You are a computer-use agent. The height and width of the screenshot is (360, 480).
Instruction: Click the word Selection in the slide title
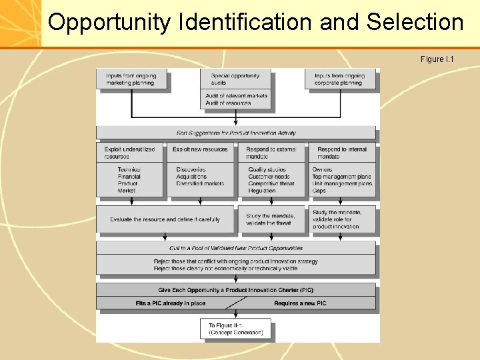click(x=415, y=23)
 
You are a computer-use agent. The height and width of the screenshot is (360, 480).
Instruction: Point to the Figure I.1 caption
click(x=437, y=60)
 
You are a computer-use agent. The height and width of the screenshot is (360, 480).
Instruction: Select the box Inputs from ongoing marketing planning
click(x=131, y=79)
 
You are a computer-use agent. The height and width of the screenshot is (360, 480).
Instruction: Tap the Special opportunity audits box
click(x=235, y=79)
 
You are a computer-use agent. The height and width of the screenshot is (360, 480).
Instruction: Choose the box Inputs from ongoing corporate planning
click(x=339, y=79)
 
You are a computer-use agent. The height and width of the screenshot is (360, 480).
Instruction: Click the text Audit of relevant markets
click(x=236, y=96)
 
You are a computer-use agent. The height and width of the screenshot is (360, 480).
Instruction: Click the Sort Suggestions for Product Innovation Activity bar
click(x=236, y=133)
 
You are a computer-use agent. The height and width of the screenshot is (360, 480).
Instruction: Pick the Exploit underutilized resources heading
click(x=129, y=152)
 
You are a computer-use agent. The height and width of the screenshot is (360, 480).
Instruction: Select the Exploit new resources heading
click(x=200, y=149)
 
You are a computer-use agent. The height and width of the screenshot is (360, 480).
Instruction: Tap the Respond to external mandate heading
click(x=271, y=152)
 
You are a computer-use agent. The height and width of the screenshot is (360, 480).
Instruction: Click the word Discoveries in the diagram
click(x=191, y=169)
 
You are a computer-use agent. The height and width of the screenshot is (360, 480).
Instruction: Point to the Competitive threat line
click(x=271, y=183)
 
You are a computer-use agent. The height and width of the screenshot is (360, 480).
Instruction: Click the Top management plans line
click(x=341, y=177)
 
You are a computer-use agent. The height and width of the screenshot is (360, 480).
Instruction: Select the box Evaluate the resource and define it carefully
click(x=165, y=219)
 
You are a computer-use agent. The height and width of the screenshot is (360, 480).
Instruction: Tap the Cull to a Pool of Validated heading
click(x=236, y=248)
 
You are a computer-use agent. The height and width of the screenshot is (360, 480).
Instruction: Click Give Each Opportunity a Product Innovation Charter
click(x=236, y=290)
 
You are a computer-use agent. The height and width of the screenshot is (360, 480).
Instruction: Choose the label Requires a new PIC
click(x=300, y=303)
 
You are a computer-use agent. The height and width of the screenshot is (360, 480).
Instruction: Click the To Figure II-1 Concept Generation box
click(x=235, y=328)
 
